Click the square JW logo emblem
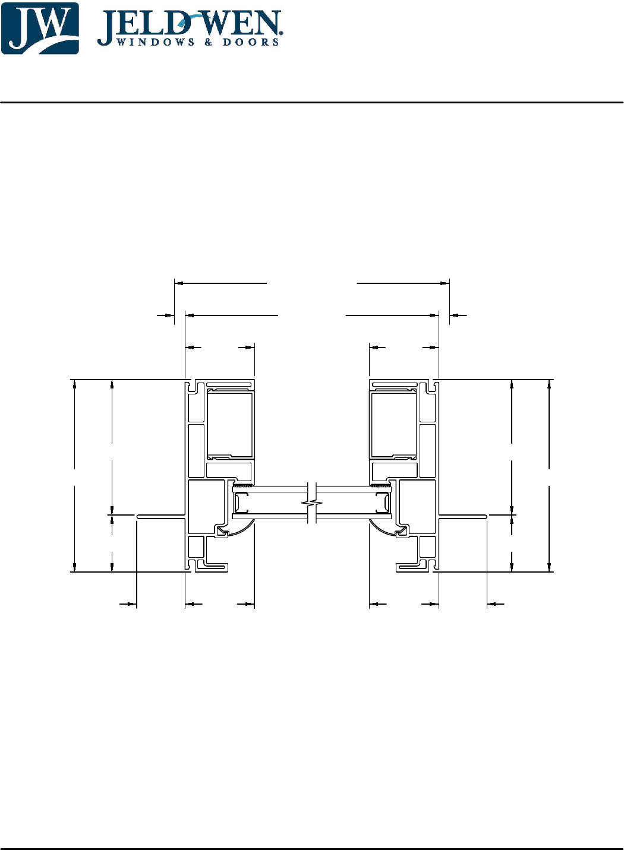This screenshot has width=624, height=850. [x=40, y=28]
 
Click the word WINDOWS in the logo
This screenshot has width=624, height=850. [x=155, y=42]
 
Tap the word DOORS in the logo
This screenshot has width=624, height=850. [x=251, y=42]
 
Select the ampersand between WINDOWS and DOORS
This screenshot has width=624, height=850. [x=209, y=42]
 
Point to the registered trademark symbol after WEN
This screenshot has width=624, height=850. [x=281, y=33]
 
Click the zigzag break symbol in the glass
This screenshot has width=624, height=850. [x=312, y=504]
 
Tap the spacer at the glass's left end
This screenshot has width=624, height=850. [x=241, y=503]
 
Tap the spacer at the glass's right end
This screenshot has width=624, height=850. [x=383, y=503]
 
